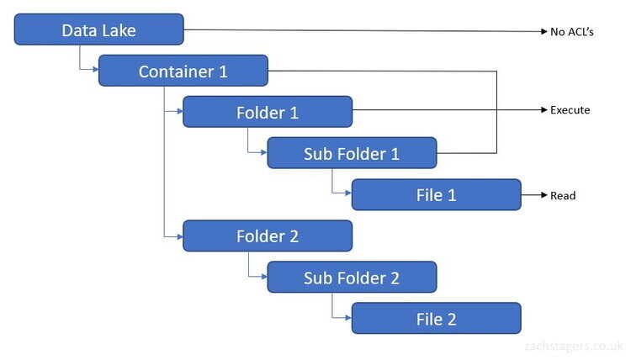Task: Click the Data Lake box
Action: pos(99,30)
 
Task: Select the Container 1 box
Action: pos(183,71)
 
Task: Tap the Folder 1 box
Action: pos(268,112)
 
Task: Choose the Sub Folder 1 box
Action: pos(352,153)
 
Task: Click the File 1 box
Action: pos(436,195)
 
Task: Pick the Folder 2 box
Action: pos(268,236)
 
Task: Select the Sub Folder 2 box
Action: pos(352,278)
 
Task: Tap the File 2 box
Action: pos(436,319)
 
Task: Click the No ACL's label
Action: pos(573,32)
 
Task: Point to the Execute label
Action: pos(570,110)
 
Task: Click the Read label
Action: pos(564,195)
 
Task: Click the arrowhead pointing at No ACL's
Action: pos(544,32)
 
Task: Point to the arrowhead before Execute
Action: pos(544,110)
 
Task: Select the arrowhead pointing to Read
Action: pos(544,195)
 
